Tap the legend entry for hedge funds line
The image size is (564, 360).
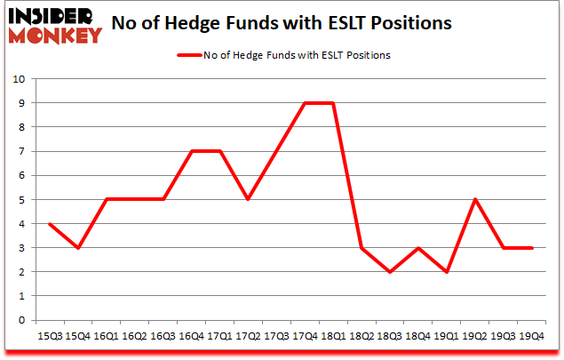point(283,55)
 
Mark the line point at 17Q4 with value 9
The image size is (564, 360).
point(305,103)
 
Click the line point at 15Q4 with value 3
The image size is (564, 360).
point(77,248)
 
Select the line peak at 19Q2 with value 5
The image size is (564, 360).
point(475,200)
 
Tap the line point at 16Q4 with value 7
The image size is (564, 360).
point(191,151)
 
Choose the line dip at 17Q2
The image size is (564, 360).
point(248,200)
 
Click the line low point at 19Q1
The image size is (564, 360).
point(447,272)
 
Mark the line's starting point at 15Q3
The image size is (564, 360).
point(49,224)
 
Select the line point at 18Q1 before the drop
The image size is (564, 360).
point(333,103)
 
